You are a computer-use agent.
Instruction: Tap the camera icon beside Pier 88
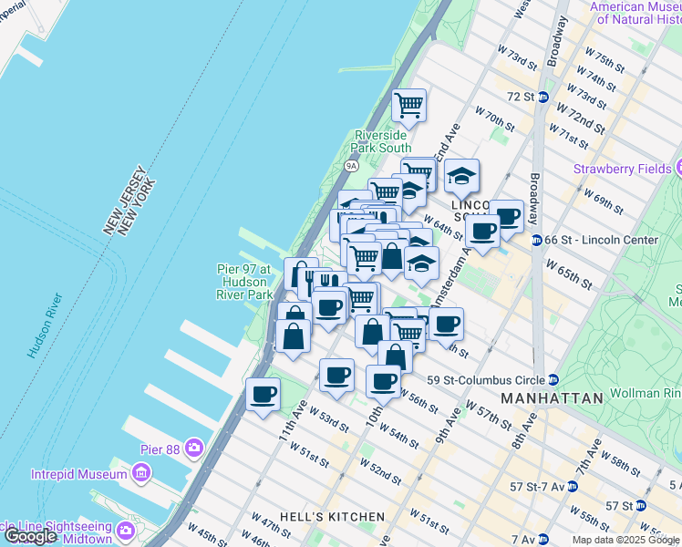coord(193,447)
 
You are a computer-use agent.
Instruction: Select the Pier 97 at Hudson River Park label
coord(244,282)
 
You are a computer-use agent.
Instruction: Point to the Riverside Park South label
coord(383,141)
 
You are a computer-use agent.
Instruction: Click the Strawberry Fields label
coord(622,169)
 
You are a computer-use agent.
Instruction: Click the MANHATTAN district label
coord(552,398)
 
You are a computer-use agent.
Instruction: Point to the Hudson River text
coord(44,325)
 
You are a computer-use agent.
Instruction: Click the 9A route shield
coord(352,166)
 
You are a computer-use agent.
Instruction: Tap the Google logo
coord(31,537)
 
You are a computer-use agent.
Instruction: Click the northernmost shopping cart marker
coord(409,105)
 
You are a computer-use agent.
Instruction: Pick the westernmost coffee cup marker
coord(263,394)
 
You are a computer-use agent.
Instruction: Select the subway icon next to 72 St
coord(542,97)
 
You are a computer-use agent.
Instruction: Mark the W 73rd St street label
coord(516,59)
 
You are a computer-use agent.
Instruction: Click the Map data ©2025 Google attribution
coord(625,540)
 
